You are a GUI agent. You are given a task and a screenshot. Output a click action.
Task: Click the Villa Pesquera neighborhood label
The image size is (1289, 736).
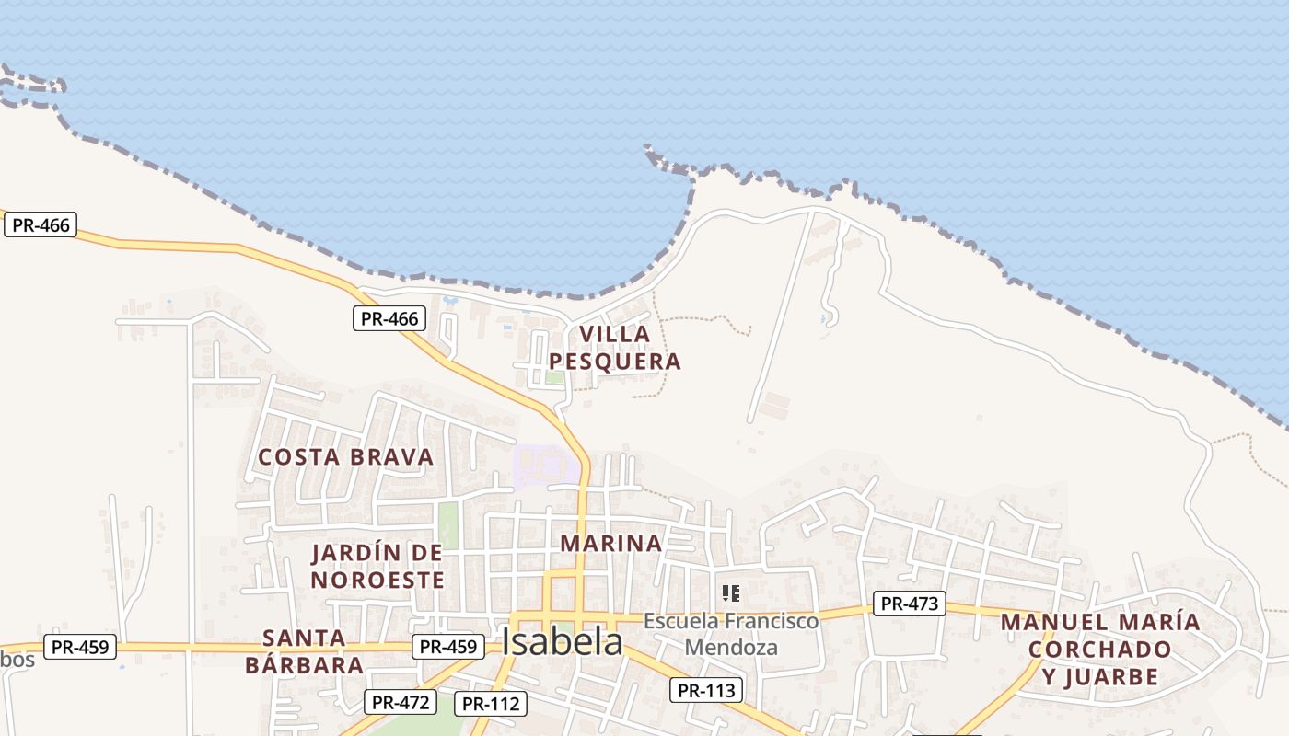click(x=615, y=347)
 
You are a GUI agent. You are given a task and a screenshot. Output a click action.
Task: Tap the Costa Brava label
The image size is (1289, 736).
click(x=345, y=456)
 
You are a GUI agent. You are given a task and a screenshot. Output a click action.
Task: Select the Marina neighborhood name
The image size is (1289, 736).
click(x=611, y=543)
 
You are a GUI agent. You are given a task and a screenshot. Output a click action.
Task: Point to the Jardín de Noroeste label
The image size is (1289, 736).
click(x=377, y=566)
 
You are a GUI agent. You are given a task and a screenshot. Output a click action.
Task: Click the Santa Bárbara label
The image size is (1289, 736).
click(x=304, y=651)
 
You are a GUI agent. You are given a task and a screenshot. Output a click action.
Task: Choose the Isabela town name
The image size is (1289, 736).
click(x=563, y=642)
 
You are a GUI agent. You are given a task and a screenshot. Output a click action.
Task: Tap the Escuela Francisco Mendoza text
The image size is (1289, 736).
click(x=731, y=634)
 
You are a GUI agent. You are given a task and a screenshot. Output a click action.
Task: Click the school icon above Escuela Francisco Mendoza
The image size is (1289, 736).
click(x=731, y=593)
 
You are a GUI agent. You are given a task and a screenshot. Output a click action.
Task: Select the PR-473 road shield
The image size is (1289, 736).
click(x=910, y=604)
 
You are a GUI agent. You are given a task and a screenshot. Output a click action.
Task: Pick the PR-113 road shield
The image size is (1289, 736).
click(x=706, y=690)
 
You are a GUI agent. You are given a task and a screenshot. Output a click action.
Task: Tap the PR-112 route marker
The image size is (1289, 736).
click(x=491, y=704)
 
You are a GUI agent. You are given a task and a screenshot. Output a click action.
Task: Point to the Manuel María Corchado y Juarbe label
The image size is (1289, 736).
click(x=1100, y=649)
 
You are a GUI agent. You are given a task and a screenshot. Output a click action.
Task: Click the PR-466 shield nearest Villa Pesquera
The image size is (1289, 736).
click(x=389, y=319)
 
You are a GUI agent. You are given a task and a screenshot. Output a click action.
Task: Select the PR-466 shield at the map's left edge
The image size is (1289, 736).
click(x=41, y=224)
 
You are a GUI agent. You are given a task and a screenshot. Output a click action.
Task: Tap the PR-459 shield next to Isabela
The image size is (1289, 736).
click(x=448, y=647)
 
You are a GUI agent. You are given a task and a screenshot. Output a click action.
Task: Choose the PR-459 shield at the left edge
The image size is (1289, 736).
click(x=80, y=647)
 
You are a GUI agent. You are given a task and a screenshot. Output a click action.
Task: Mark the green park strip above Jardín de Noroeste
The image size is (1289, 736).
click(x=448, y=524)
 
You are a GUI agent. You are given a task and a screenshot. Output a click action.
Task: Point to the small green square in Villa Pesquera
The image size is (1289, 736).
click(x=554, y=376)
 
